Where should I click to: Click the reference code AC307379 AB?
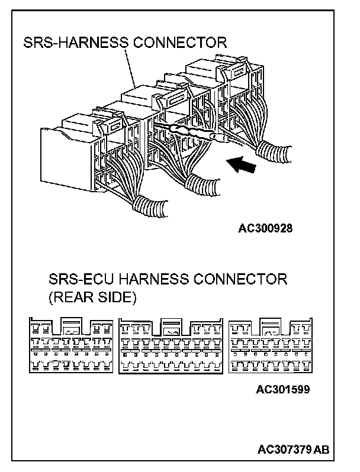pyautogui.click(x=293, y=450)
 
